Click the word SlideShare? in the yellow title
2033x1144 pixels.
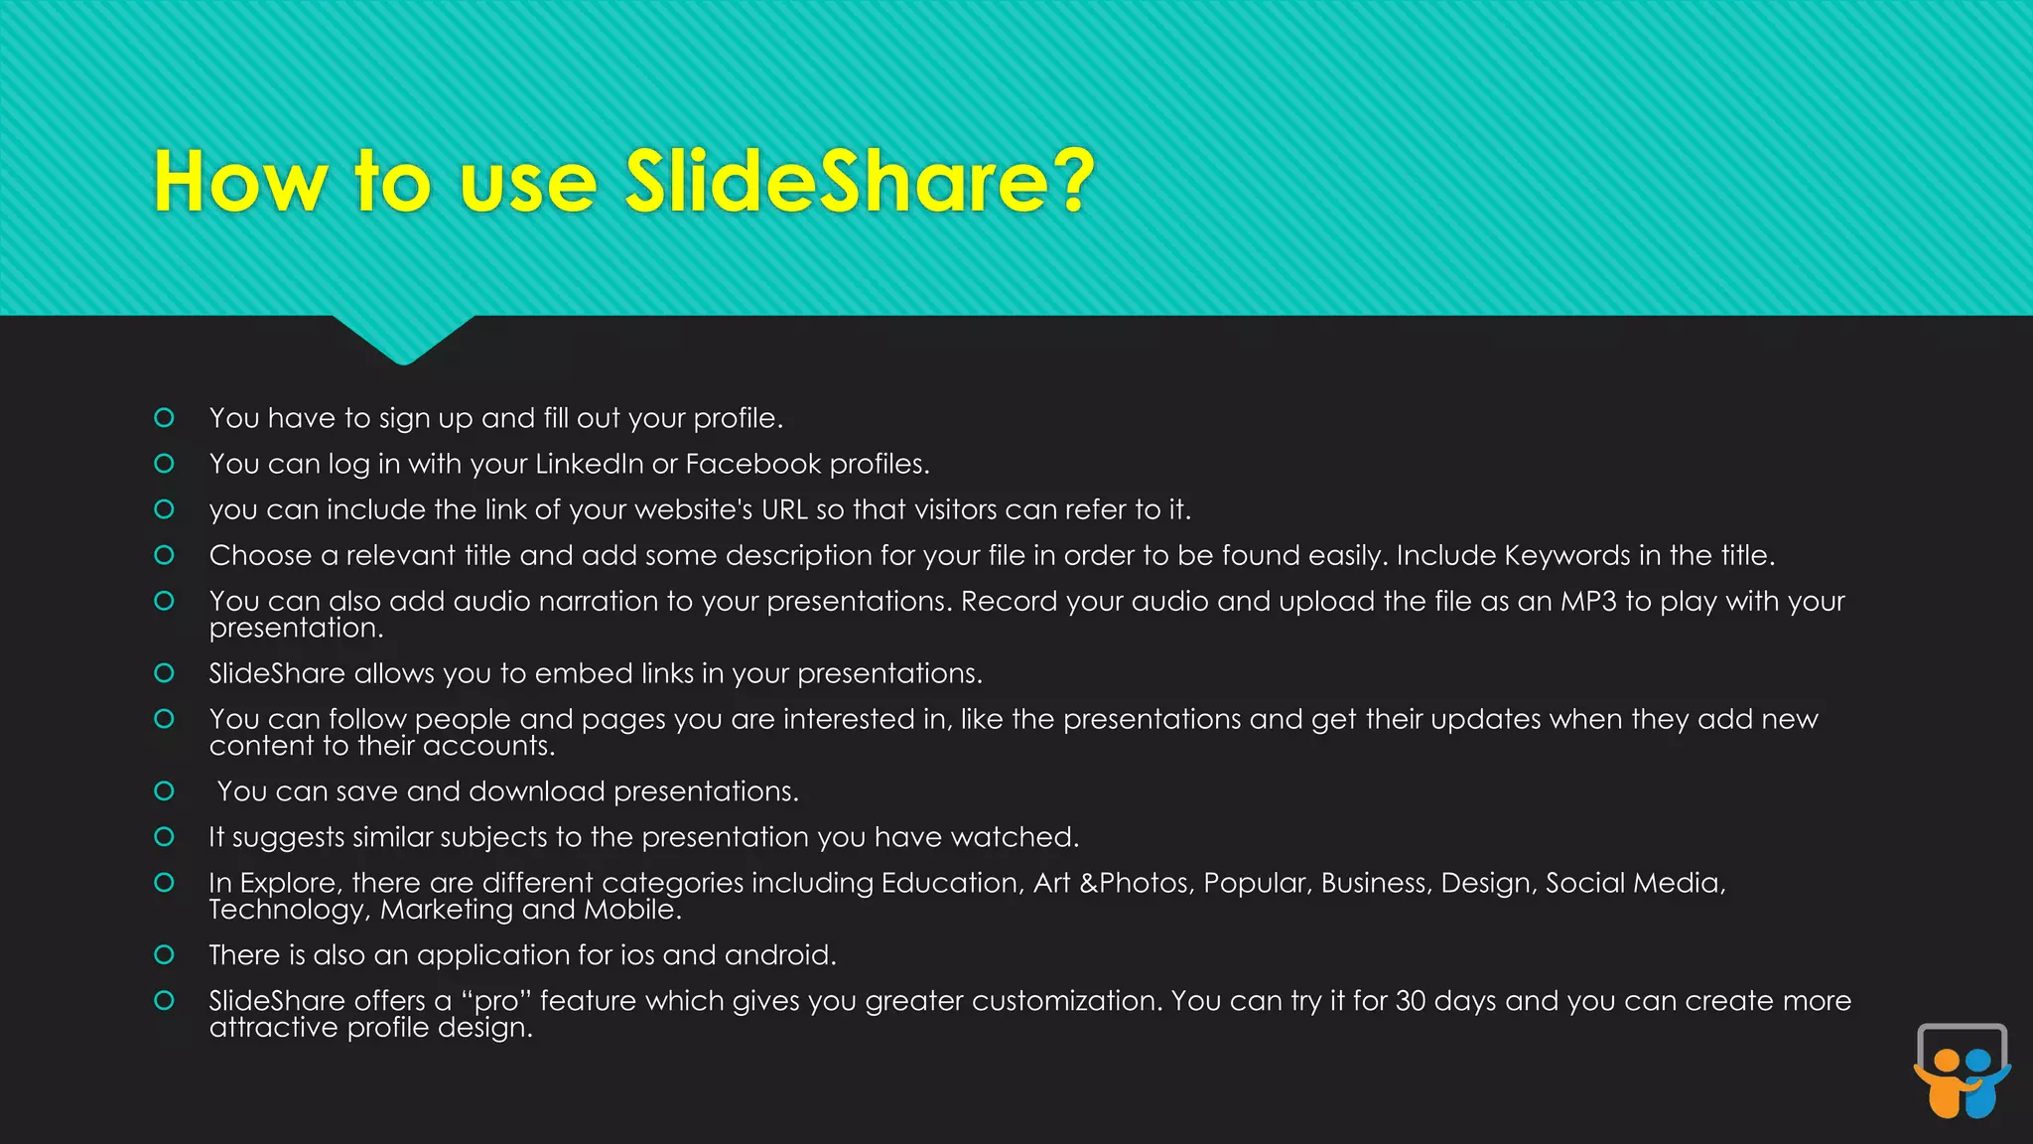(x=860, y=182)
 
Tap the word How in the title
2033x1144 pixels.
(x=240, y=182)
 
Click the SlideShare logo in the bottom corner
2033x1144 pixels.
(x=1963, y=1071)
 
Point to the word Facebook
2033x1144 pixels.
(x=753, y=464)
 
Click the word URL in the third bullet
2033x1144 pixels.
(x=784, y=509)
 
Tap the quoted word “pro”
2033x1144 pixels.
(x=495, y=1001)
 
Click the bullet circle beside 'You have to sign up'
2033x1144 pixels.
(x=165, y=418)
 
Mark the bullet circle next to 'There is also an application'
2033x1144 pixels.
(x=165, y=955)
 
